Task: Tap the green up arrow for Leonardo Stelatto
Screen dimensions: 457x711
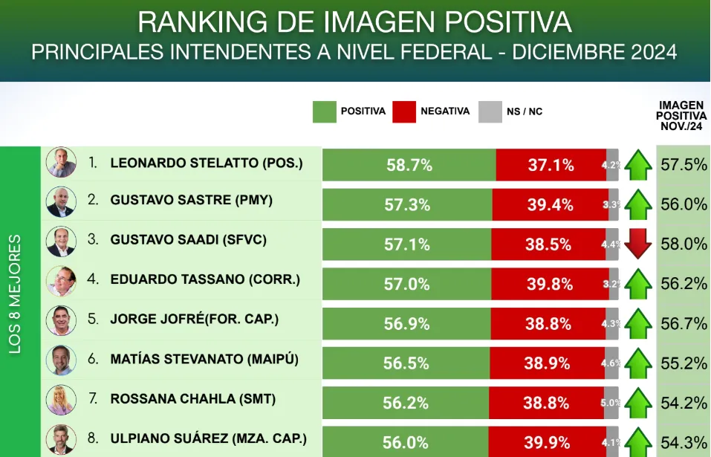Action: (637, 165)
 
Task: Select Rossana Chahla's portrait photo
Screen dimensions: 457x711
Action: (61, 400)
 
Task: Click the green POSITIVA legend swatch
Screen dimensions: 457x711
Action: (324, 111)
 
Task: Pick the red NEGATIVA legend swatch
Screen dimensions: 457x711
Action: (404, 111)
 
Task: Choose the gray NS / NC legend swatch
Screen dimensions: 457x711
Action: (490, 111)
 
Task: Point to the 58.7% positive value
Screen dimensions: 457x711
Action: (409, 165)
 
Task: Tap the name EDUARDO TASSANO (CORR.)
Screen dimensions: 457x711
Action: (205, 279)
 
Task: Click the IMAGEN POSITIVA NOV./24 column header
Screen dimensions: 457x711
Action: (682, 117)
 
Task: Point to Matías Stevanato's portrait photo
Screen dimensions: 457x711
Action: (61, 360)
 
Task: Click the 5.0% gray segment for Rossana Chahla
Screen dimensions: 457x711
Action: (611, 403)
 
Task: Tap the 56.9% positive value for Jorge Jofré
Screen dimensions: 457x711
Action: (406, 324)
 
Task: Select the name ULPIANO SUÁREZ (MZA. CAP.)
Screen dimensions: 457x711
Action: (208, 438)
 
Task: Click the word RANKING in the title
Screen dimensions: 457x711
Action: (194, 22)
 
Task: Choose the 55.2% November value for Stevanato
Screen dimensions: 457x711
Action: (684, 363)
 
